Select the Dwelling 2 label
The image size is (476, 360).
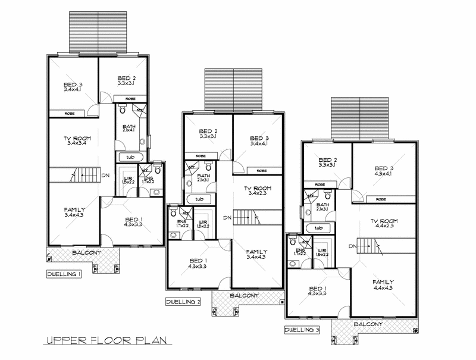pyautogui.click(x=183, y=302)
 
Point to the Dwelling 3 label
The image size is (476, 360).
pyautogui.click(x=301, y=328)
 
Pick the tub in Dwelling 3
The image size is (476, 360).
pyautogui.click(x=318, y=228)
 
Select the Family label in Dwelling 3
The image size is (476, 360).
pyautogui.click(x=383, y=281)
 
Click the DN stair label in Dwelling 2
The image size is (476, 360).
pyautogui.click(x=227, y=217)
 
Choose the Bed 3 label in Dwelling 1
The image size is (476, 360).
pyautogui.click(x=73, y=85)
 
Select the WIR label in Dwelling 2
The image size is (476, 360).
pyautogui.click(x=202, y=221)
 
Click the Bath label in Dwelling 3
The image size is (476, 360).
pyautogui.click(x=322, y=204)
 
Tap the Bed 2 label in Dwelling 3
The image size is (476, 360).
pyautogui.click(x=328, y=160)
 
